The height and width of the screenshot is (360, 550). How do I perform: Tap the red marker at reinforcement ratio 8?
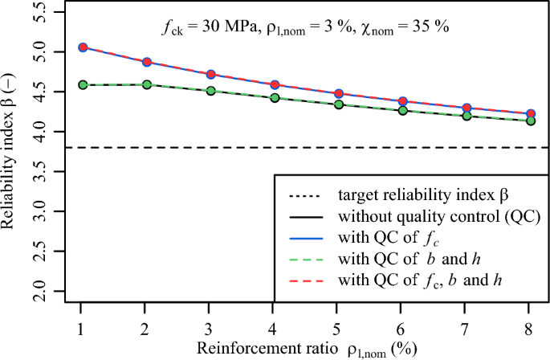click(530, 114)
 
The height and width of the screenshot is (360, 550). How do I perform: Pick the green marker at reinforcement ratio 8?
click(530, 121)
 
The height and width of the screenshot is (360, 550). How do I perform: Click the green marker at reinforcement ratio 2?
click(145, 84)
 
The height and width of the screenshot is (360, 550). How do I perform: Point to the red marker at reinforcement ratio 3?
click(210, 74)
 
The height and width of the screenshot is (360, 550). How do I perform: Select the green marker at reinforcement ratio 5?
click(338, 104)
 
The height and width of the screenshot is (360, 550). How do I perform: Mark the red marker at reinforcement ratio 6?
click(402, 101)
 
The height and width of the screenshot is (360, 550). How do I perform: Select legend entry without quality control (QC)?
click(437, 217)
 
